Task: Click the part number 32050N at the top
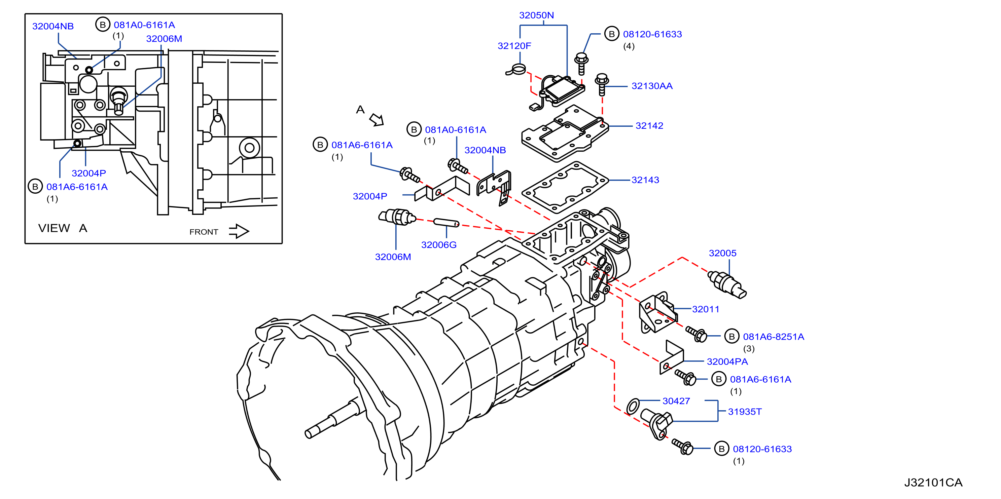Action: point(536,15)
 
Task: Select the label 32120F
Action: point(514,46)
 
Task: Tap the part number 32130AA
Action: point(652,86)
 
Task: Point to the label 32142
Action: point(649,125)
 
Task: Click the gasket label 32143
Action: point(645,180)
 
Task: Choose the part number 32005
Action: point(722,253)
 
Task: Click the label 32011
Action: point(705,309)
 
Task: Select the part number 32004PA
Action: point(727,361)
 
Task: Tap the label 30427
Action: point(676,401)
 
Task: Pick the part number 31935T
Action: point(745,412)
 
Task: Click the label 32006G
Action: point(439,245)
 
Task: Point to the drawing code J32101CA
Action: point(933,482)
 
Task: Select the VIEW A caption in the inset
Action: point(63,228)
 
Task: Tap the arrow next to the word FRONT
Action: point(239,231)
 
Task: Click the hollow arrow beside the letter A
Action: point(377,120)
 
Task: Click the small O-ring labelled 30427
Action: point(633,406)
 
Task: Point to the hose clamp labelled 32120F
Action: point(516,70)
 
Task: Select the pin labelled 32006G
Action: point(446,223)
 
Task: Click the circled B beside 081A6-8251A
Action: point(732,336)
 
